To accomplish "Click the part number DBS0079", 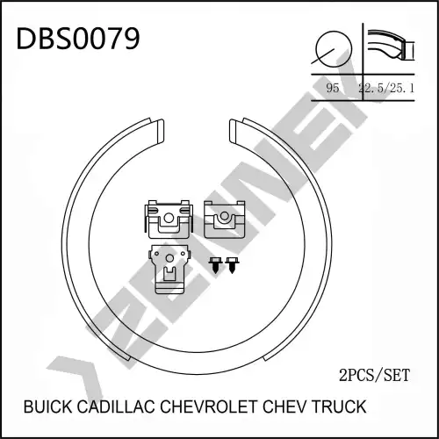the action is tap(78, 39).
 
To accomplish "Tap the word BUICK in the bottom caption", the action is tap(47, 407).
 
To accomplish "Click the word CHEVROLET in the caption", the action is tap(209, 407).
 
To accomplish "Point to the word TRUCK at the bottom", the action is tap(339, 407).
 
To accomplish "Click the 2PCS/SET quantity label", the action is tap(374, 375).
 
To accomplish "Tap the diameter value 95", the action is tap(333, 88).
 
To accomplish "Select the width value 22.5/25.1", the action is tap(386, 88).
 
